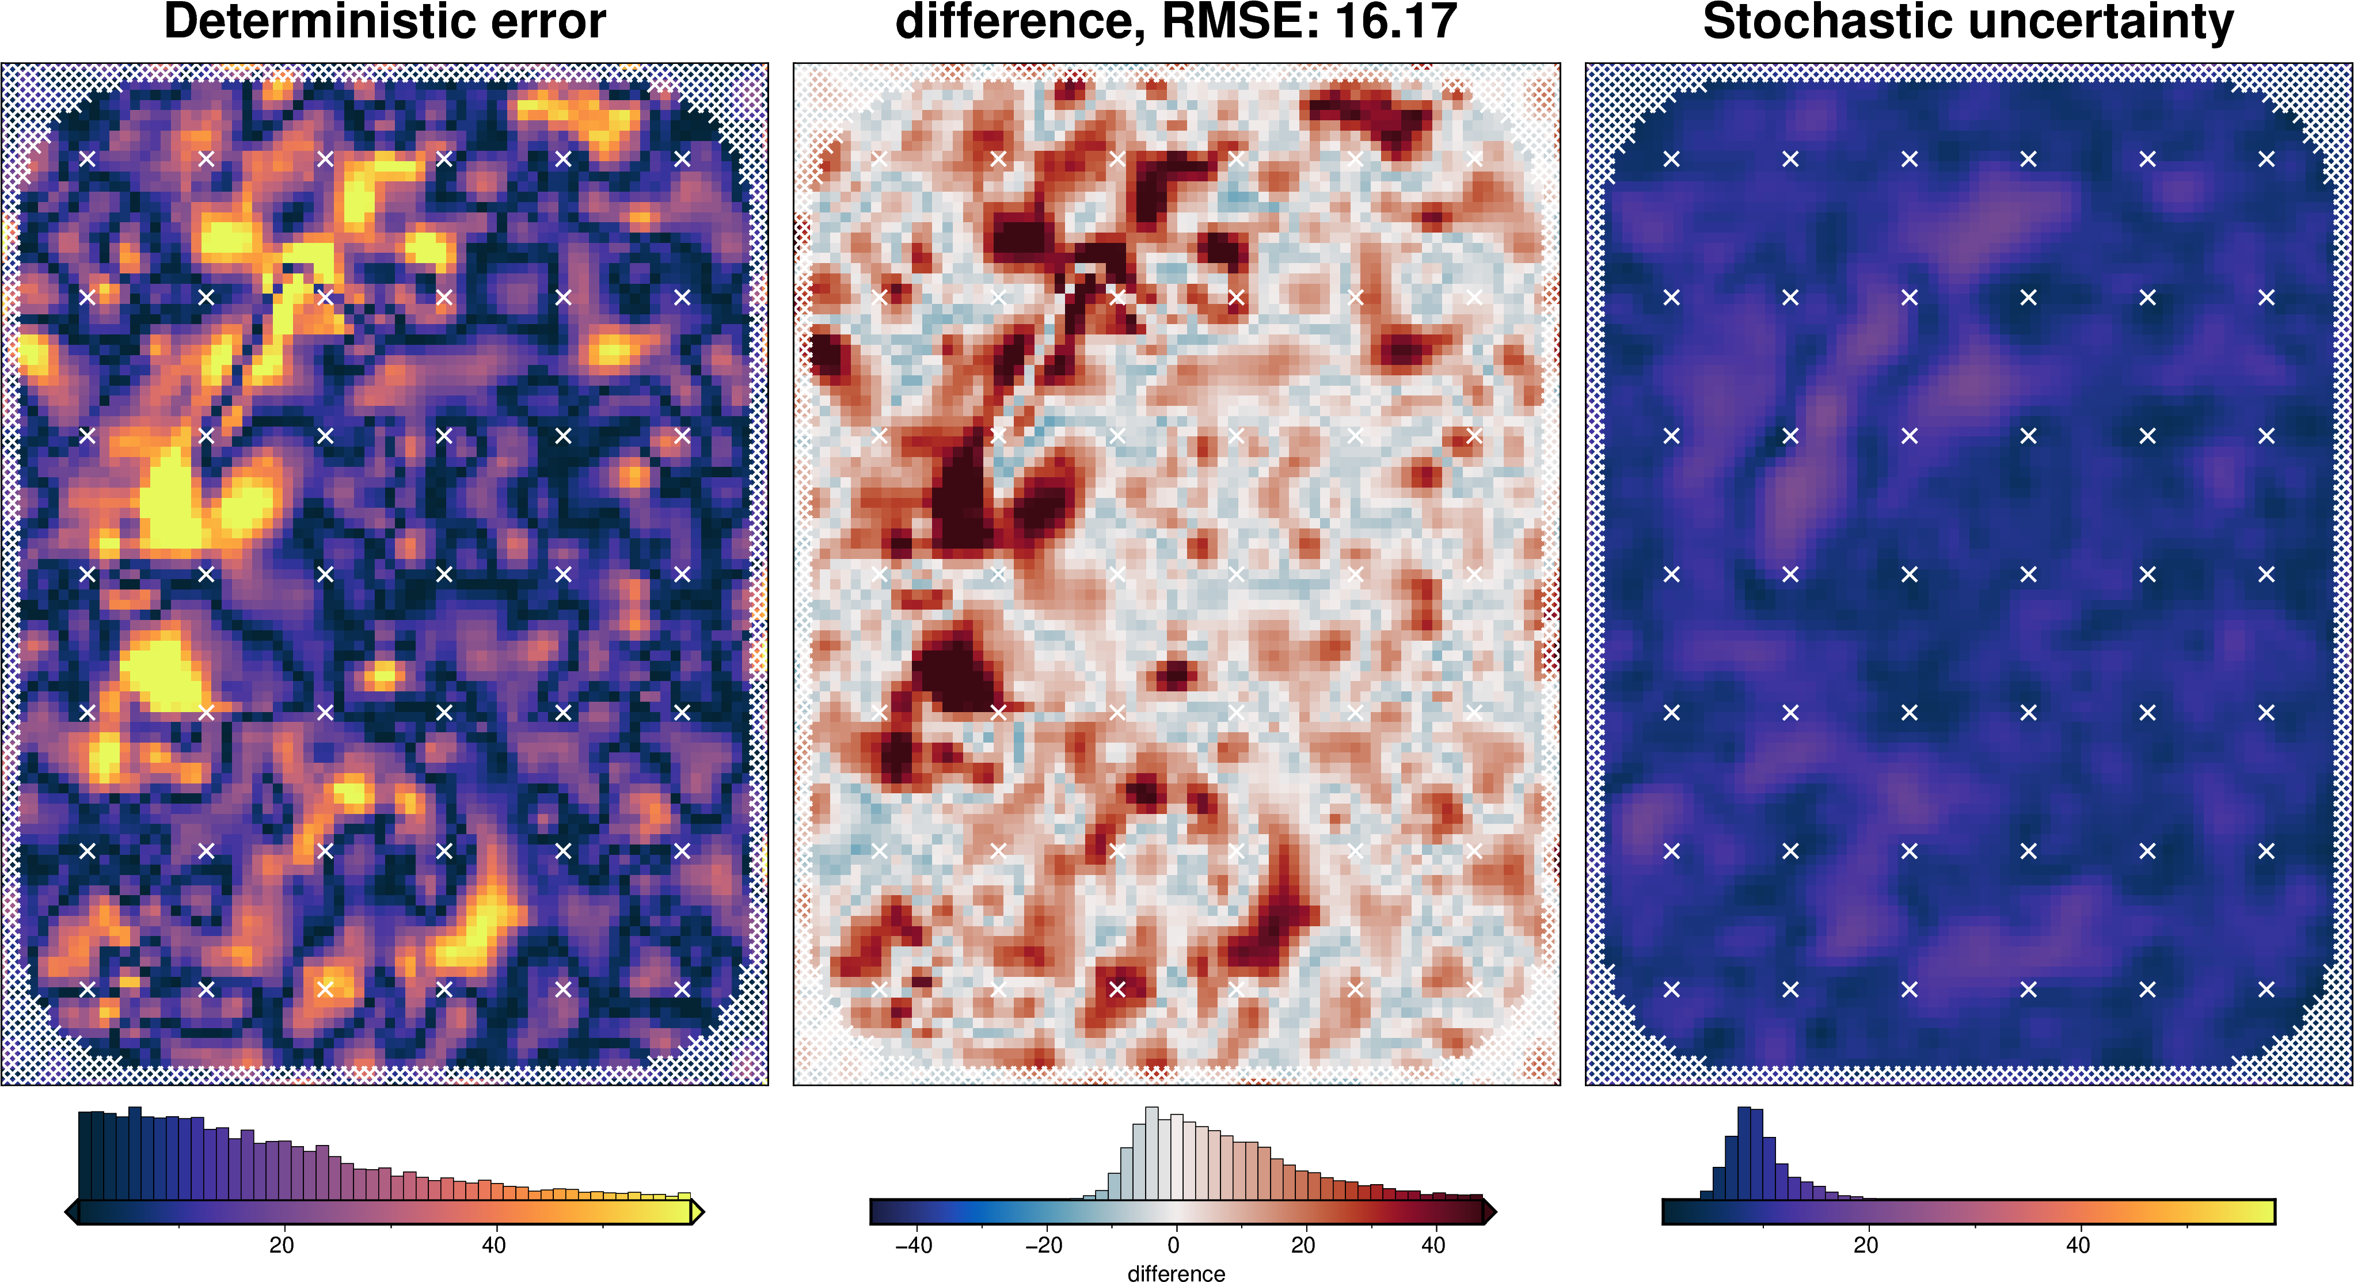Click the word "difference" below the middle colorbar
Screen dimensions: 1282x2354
pos(1176,1273)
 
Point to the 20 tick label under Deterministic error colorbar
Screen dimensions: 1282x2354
pos(282,1245)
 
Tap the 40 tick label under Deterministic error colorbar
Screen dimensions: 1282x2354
pos(493,1245)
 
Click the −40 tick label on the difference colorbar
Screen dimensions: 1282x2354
pos(913,1245)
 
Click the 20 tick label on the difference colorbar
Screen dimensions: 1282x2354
pos(1303,1245)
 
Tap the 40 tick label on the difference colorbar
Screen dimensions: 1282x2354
pos(1433,1245)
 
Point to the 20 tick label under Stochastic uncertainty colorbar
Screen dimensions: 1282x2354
pos(1866,1245)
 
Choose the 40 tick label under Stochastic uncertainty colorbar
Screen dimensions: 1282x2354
pos(2078,1245)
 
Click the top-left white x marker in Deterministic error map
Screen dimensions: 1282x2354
pos(87,159)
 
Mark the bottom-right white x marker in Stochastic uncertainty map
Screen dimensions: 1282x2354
pos(2266,988)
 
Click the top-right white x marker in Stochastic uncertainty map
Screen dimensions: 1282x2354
pos(2266,159)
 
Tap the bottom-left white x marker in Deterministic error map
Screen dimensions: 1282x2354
pos(87,988)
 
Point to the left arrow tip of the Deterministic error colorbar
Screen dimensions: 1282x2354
pos(70,1212)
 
